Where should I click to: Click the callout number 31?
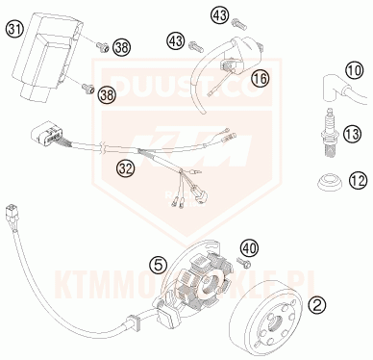pyautogui.click(x=14, y=30)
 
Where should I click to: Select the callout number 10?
pyautogui.click(x=354, y=70)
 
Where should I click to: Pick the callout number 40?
pyautogui.click(x=247, y=248)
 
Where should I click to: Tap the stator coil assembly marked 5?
pyautogui.click(x=197, y=285)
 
